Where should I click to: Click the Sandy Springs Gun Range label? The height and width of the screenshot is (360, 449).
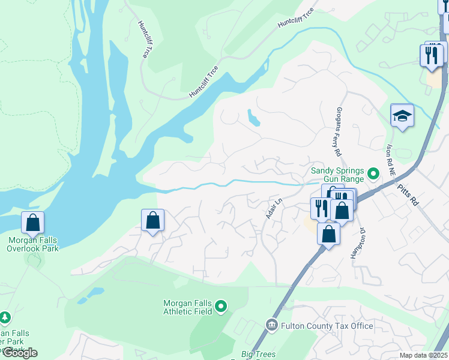coord(338,175)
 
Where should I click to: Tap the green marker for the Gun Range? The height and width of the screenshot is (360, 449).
coord(374,175)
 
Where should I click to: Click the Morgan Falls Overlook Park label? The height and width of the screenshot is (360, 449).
coord(33,244)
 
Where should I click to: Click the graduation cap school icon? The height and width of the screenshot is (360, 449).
coord(402,115)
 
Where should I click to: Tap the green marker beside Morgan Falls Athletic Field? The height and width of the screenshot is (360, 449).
coord(221,307)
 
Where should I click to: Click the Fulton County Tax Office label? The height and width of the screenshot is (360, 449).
coord(327,326)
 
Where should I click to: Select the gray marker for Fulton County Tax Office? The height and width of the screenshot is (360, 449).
coord(272,326)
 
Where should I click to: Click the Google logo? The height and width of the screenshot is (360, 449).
coord(19,353)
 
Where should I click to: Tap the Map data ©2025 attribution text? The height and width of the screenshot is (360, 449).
coord(423,355)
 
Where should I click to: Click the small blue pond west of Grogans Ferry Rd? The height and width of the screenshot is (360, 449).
coord(253,118)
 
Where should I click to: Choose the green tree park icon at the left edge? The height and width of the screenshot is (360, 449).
coord(5,316)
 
